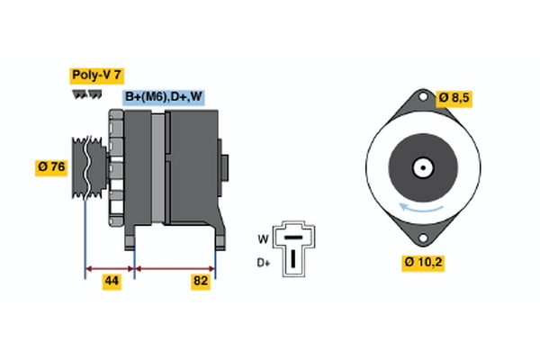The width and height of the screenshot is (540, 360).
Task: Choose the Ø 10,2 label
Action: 423,263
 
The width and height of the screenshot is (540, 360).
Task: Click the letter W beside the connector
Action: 263,238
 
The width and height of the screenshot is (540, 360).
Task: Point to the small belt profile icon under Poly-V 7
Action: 87,94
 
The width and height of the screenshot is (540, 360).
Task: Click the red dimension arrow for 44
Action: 110,267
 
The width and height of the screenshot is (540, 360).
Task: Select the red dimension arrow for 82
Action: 175,267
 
